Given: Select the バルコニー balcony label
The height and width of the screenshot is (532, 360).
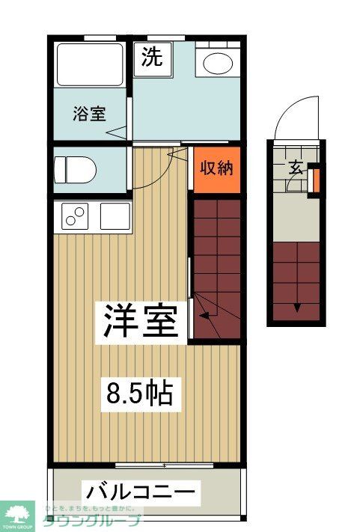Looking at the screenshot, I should coord(141,492).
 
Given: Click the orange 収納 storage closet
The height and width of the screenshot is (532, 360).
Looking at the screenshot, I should coord(217,168).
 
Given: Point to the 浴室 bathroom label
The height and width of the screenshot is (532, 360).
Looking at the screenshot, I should coord(89,114).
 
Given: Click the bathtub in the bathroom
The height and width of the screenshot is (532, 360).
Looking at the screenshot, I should coord(90,64).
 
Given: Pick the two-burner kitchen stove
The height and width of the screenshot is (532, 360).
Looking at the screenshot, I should coord(76,217).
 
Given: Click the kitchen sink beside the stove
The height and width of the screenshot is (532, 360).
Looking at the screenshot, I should coord(113,217).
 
